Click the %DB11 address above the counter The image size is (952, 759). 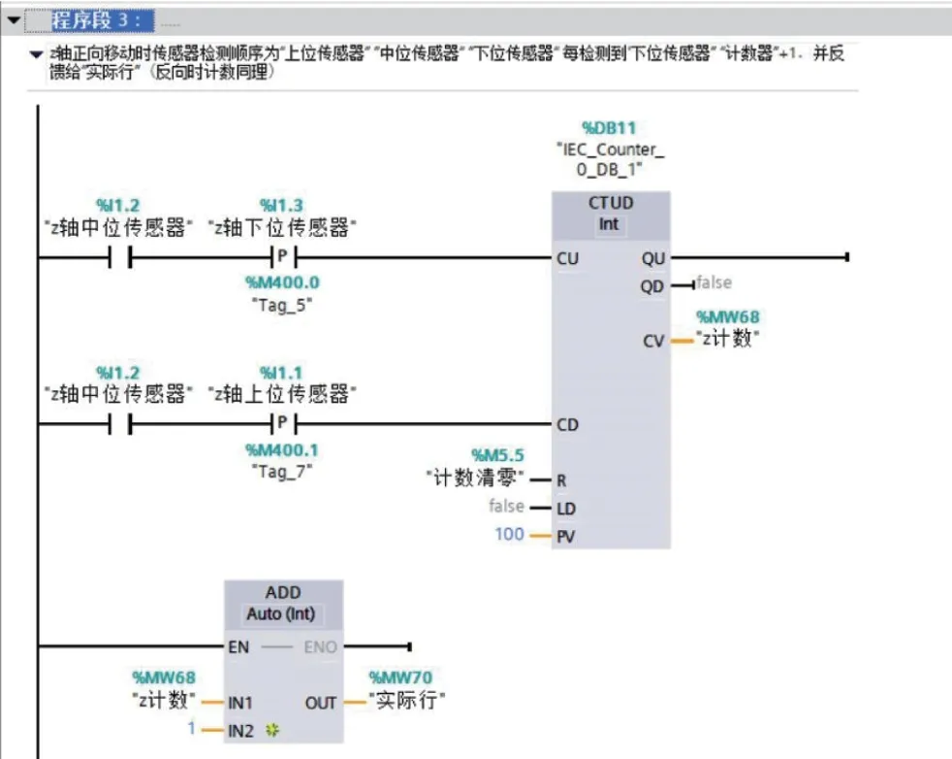coord(609,128)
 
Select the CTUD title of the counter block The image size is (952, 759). coord(611,203)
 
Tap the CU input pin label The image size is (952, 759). coord(568,259)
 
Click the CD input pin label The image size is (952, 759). coord(568,425)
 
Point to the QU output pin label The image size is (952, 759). coord(653,259)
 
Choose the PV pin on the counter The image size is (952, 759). coord(566,537)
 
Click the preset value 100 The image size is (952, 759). coord(509,534)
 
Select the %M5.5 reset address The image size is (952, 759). coord(498,455)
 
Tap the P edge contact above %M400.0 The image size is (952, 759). coord(283,257)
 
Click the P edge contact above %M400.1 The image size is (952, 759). coord(283,423)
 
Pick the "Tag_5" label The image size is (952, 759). coord(282,305)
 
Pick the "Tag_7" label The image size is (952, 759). coord(282,471)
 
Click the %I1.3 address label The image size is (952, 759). coord(281,206)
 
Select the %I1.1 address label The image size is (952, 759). coord(281,373)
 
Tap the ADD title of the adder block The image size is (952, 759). coord(283,592)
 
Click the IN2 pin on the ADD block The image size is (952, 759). coord(240,731)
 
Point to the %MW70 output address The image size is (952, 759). coord(400,677)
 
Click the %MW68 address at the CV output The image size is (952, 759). coord(728,317)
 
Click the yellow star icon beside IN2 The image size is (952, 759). coord(272,731)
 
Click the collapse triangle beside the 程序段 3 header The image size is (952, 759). coord(14,20)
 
